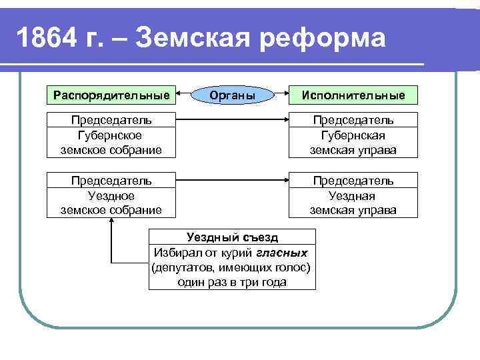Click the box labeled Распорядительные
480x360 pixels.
click(x=112, y=95)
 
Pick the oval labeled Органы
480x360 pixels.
click(x=233, y=95)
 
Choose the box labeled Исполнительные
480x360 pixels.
click(x=353, y=95)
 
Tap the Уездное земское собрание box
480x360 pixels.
click(x=112, y=195)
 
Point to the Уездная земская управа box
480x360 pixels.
click(x=353, y=195)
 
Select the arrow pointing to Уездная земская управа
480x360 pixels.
click(x=233, y=181)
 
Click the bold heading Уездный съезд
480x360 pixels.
click(x=233, y=237)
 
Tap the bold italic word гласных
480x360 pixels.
click(x=284, y=253)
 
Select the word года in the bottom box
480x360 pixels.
click(x=273, y=282)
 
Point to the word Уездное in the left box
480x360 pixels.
click(x=111, y=195)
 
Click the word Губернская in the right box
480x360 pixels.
click(x=353, y=135)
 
